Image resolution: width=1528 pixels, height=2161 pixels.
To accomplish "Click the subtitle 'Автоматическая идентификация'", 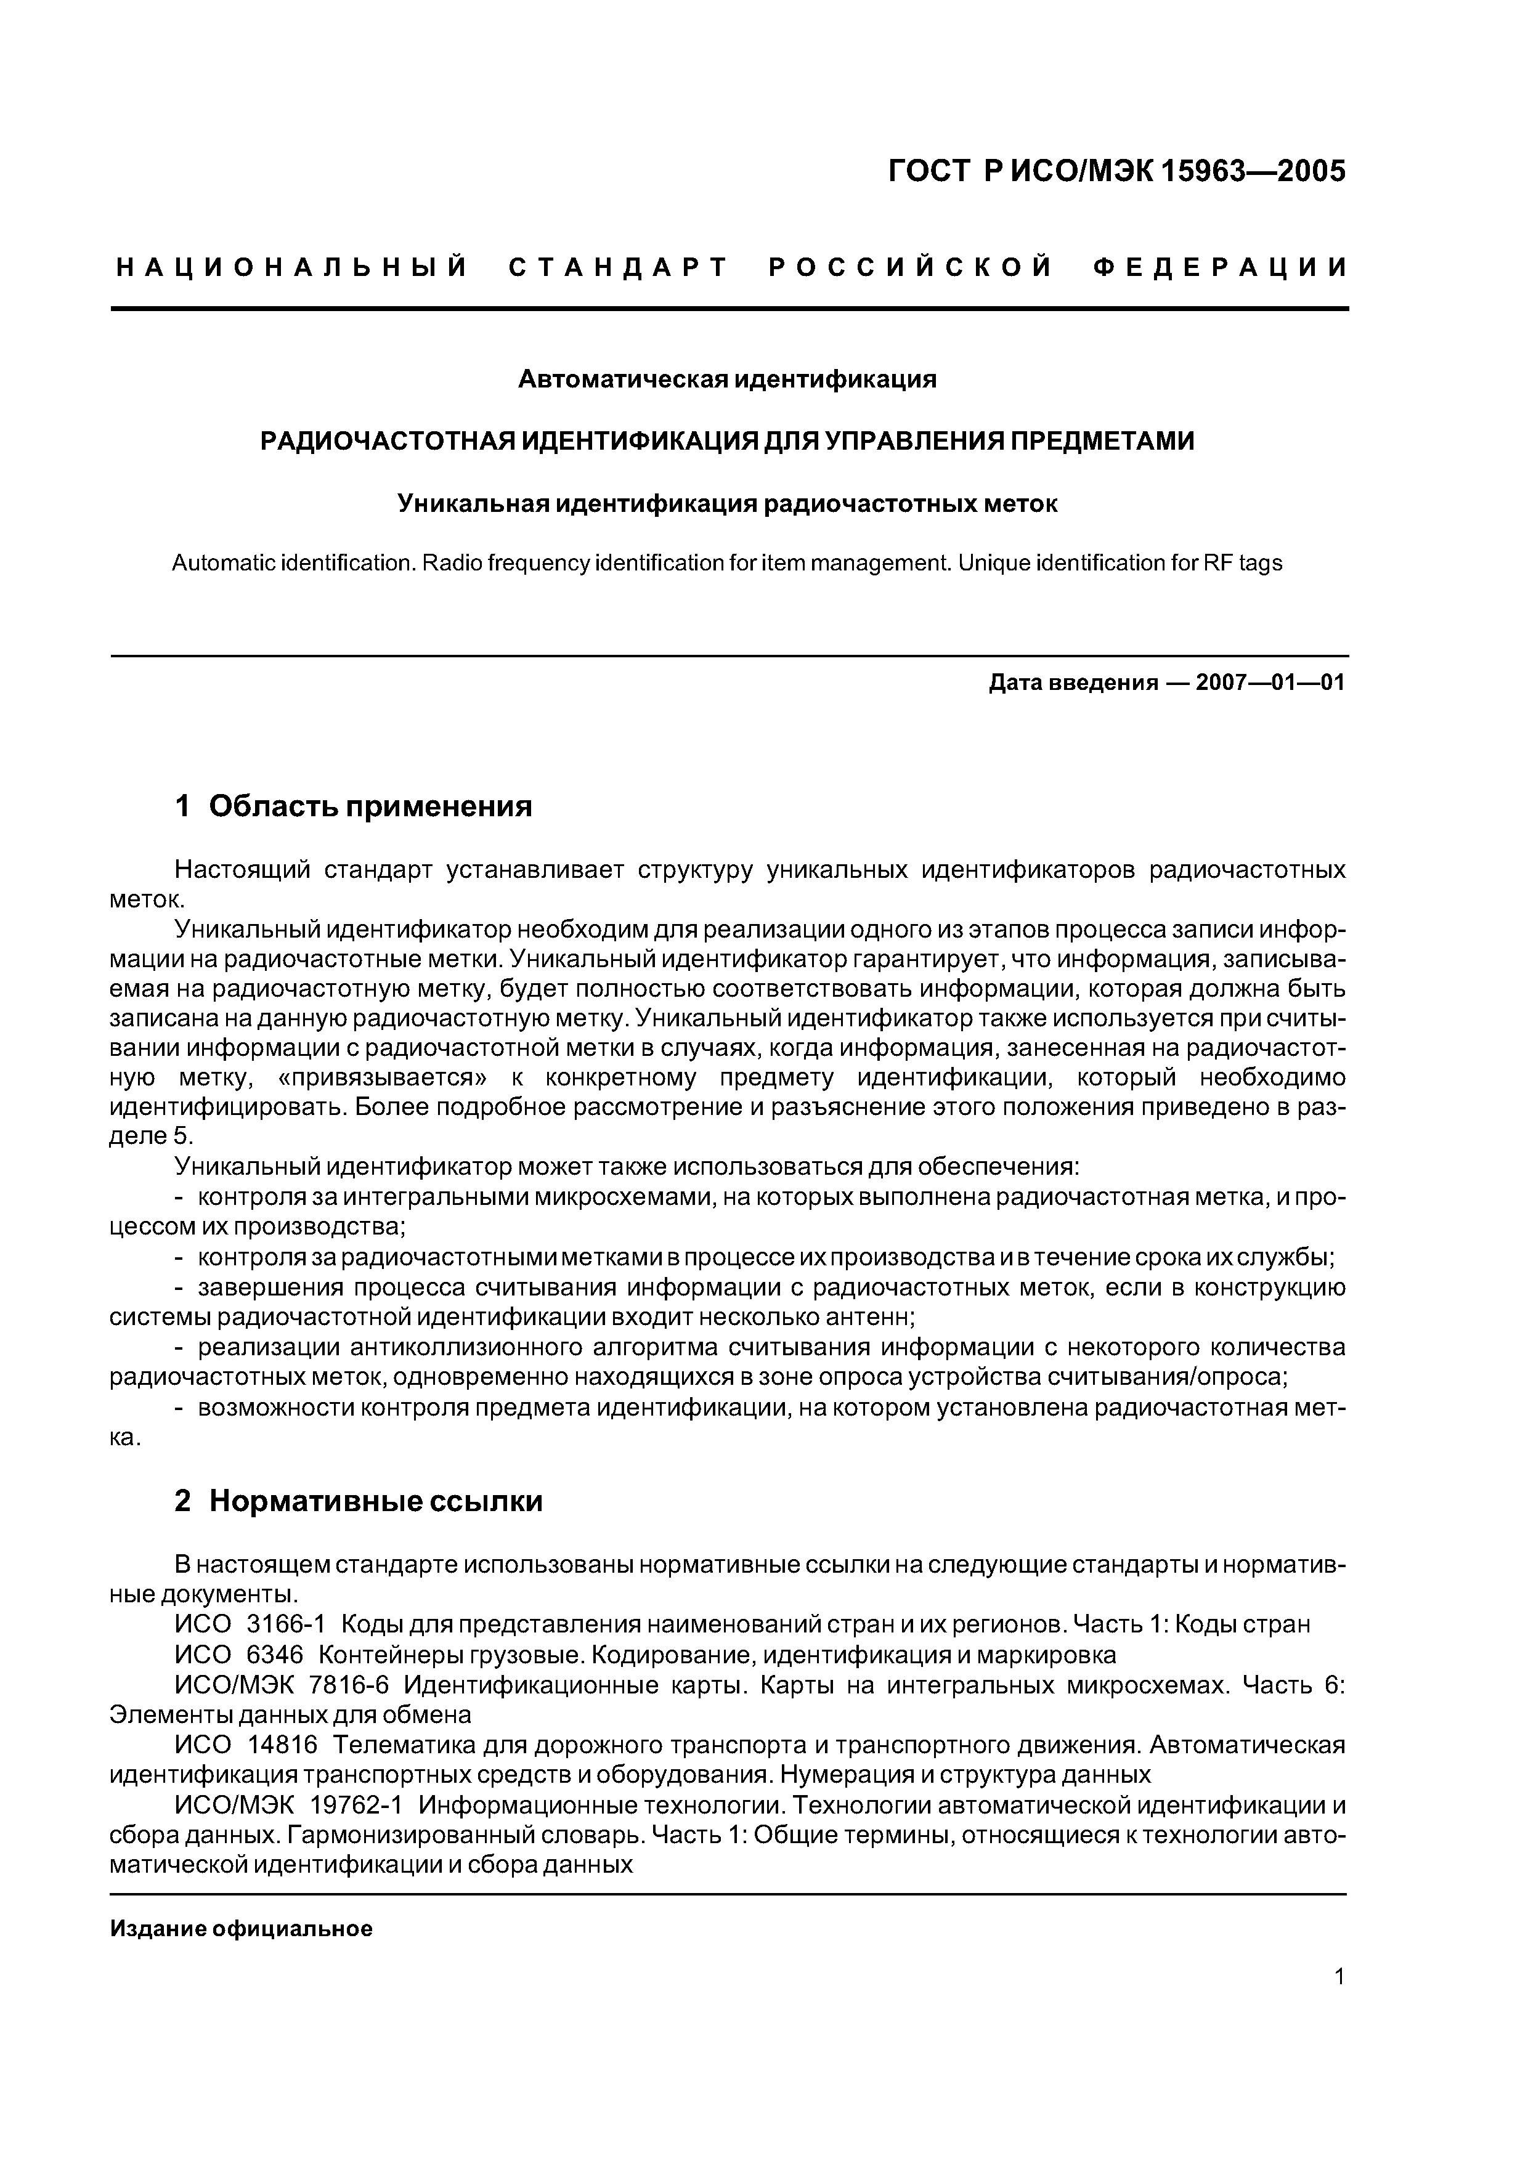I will (x=728, y=379).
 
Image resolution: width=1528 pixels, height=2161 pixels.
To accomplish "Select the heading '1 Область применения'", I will (x=354, y=806).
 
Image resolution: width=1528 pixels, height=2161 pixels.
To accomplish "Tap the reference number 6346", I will (x=275, y=1655).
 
